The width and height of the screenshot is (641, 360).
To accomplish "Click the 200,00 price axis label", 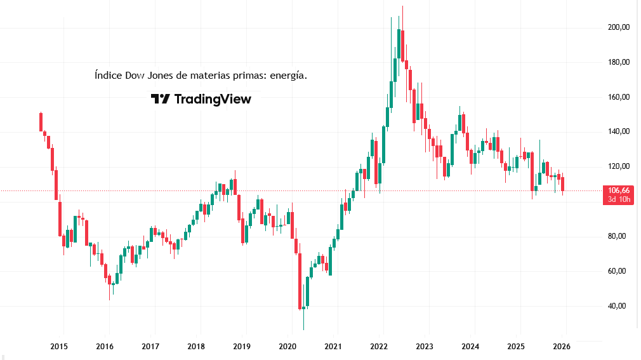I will click(x=618, y=27).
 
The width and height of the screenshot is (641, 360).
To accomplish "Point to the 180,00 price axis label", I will click(x=618, y=62).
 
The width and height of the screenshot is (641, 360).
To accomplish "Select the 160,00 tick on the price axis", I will click(x=618, y=97).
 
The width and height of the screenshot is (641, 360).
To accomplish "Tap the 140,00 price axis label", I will click(x=618, y=131).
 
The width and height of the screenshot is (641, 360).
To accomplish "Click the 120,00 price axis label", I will click(x=618, y=166).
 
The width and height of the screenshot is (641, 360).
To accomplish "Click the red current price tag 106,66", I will click(x=618, y=190).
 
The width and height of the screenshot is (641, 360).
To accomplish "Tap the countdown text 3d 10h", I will click(x=618, y=199).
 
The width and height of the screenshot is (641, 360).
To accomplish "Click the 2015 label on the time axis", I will click(x=59, y=347).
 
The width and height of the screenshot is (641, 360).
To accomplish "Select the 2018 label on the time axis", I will click(x=196, y=347).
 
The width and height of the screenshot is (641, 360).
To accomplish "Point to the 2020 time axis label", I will click(x=287, y=347).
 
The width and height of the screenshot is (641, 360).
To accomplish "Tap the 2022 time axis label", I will click(x=379, y=347).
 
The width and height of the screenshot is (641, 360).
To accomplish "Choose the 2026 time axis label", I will click(x=562, y=347).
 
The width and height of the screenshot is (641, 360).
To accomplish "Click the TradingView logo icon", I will click(x=160, y=99).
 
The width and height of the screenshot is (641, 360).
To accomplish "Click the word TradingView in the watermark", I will click(x=212, y=99).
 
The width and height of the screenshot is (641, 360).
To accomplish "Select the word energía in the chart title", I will click(x=289, y=76).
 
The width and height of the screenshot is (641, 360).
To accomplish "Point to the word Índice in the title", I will click(x=107, y=75).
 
